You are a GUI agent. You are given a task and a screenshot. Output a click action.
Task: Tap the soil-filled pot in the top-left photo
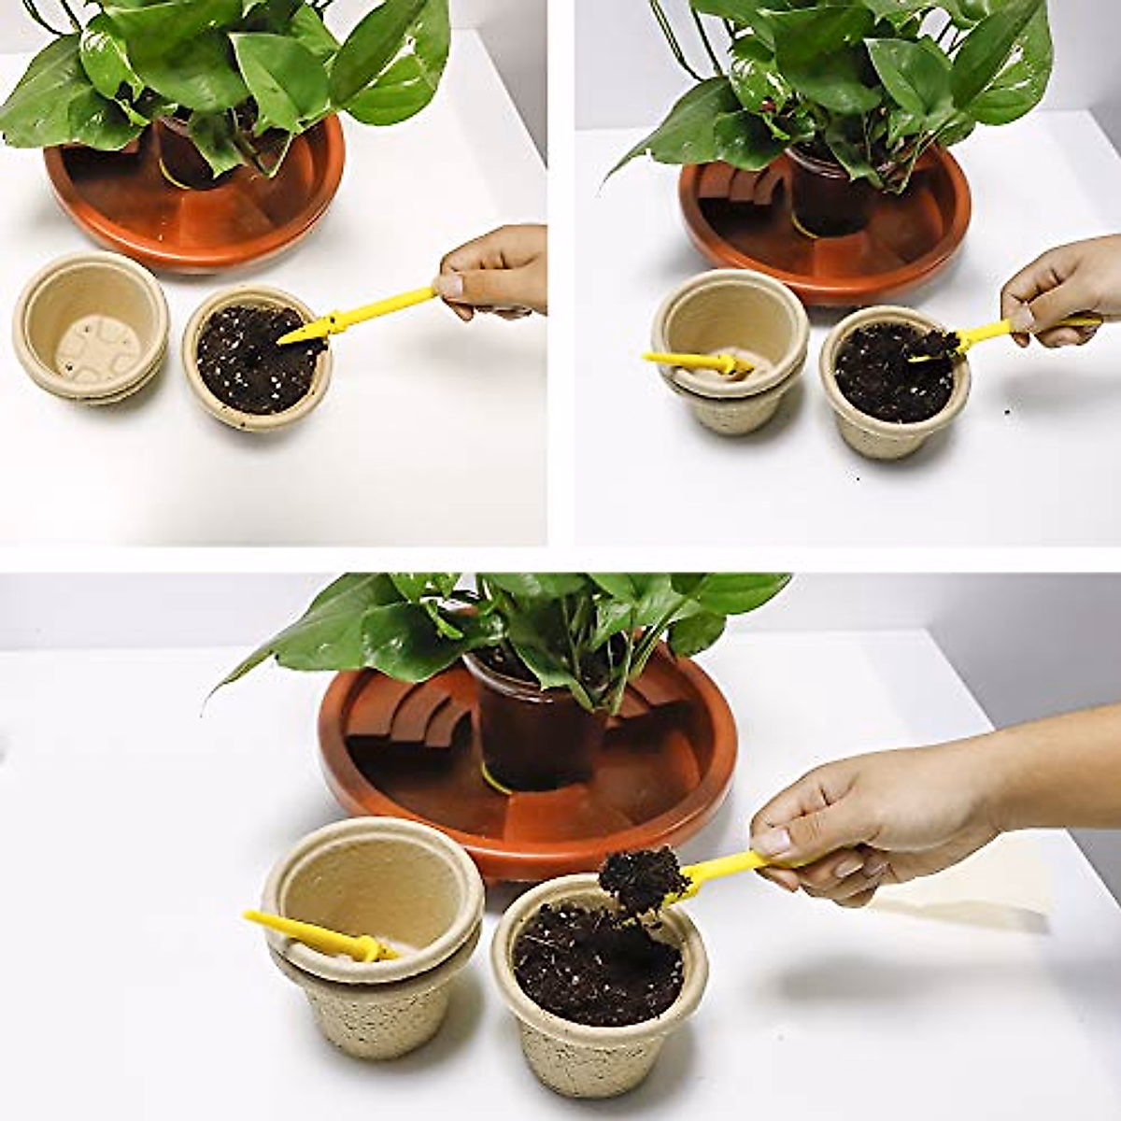(257, 360)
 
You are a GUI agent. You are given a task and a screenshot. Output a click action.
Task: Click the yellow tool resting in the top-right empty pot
(696, 362)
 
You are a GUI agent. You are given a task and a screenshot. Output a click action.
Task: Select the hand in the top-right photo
(1065, 290)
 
